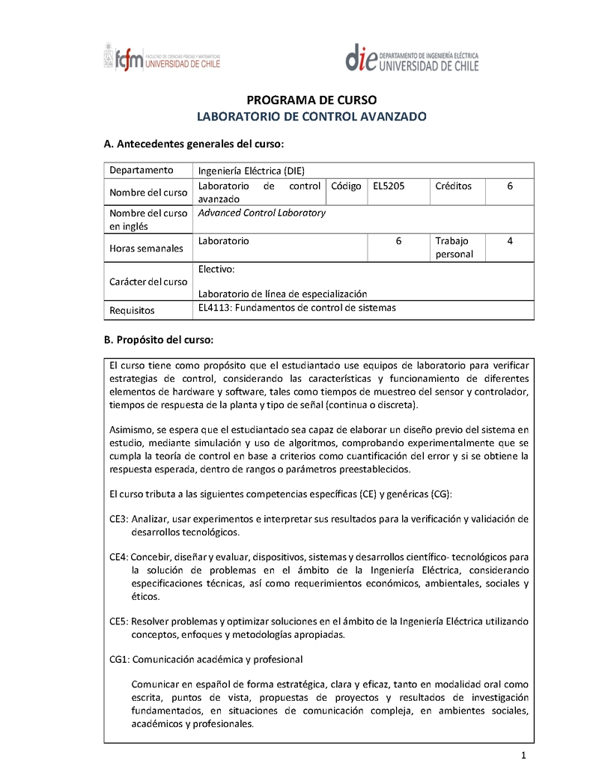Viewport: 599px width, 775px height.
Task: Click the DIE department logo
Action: [x=411, y=58]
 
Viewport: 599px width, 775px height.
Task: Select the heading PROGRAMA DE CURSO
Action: [x=311, y=100]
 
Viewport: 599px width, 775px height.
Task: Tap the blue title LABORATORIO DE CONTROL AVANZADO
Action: [x=311, y=117]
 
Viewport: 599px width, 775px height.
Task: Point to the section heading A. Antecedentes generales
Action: [x=193, y=144]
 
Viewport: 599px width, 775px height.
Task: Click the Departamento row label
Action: [x=142, y=170]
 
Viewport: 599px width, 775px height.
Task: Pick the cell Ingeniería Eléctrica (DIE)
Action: [x=252, y=170]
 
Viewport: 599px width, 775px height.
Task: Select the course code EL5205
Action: [x=389, y=186]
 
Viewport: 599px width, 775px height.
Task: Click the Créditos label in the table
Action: [x=453, y=186]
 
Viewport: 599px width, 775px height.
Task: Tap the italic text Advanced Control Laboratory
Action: [x=262, y=213]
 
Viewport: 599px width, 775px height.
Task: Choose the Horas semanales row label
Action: [x=146, y=248]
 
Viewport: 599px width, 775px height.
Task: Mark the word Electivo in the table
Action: [x=216, y=269]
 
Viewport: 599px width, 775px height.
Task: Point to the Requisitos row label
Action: [x=132, y=309]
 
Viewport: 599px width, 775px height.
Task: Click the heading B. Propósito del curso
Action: [x=159, y=339]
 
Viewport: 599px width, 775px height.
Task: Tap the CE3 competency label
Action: [x=118, y=519]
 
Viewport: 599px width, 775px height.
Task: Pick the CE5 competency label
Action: [x=118, y=621]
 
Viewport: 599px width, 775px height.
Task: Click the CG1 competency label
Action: [x=119, y=660]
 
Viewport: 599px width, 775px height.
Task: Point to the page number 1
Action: [x=525, y=754]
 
